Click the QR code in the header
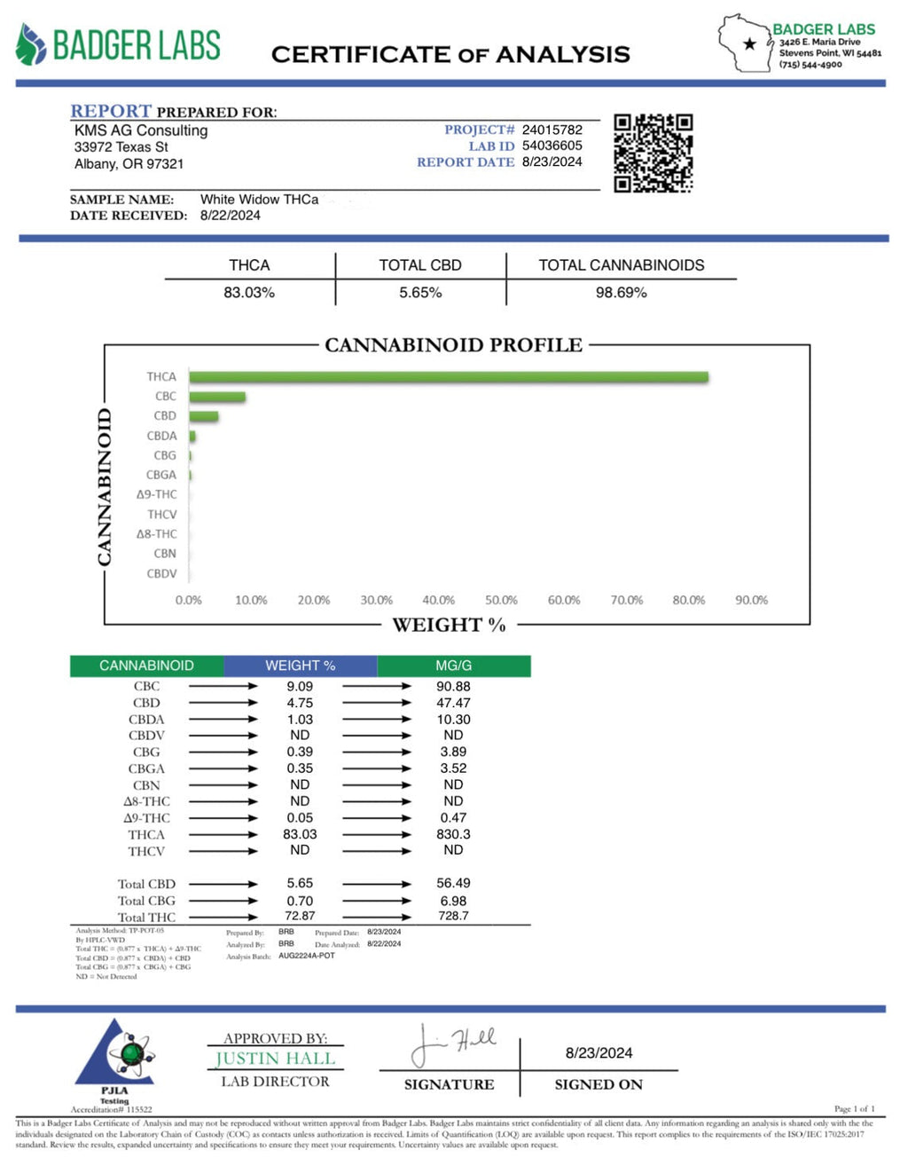653,153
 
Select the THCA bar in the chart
448,377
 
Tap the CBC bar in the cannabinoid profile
216,397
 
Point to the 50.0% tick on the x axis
501,601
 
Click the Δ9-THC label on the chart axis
156,494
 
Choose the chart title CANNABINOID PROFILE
453,345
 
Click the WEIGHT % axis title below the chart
449,626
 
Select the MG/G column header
453,666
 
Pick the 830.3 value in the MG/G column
453,834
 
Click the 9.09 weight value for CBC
300,686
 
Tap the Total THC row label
146,918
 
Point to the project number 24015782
552,130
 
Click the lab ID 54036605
552,146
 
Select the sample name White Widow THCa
259,200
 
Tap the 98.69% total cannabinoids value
621,292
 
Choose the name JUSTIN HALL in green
275,1059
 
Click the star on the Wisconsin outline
750,43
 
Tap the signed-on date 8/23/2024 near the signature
599,1053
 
